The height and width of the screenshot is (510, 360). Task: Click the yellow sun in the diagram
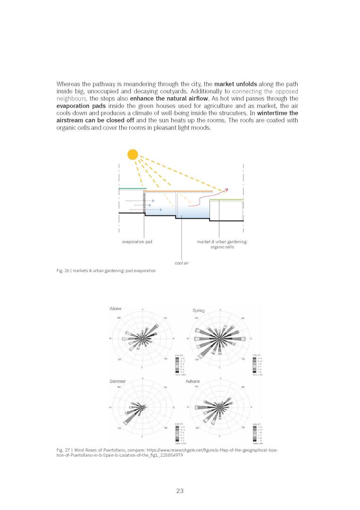coord(133,154)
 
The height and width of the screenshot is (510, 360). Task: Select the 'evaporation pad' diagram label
coord(137,241)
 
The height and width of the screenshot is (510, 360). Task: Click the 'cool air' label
coord(182,263)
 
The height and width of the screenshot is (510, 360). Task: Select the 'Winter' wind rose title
coord(116,309)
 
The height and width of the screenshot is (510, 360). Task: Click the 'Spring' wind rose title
coord(198,310)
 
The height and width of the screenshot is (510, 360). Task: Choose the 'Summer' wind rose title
coord(118,381)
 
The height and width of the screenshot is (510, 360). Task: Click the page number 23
coord(180,491)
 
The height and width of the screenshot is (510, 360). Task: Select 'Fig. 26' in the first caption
coord(62,271)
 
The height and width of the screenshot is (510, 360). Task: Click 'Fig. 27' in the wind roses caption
coord(62,450)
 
